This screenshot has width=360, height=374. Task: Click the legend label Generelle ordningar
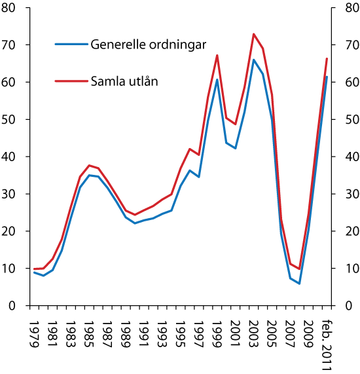pos(148,45)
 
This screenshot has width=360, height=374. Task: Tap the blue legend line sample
pos(71,45)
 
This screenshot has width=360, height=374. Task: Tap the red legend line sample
pos(71,81)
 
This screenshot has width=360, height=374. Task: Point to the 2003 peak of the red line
pos(253,34)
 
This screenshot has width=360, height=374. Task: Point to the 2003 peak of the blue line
pos(253,60)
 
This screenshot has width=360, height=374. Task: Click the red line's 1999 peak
pos(217,55)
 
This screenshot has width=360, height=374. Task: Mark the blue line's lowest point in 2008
pos(299,284)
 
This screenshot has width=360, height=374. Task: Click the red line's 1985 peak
pos(89,165)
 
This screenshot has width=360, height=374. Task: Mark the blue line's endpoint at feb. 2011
pos(327,77)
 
